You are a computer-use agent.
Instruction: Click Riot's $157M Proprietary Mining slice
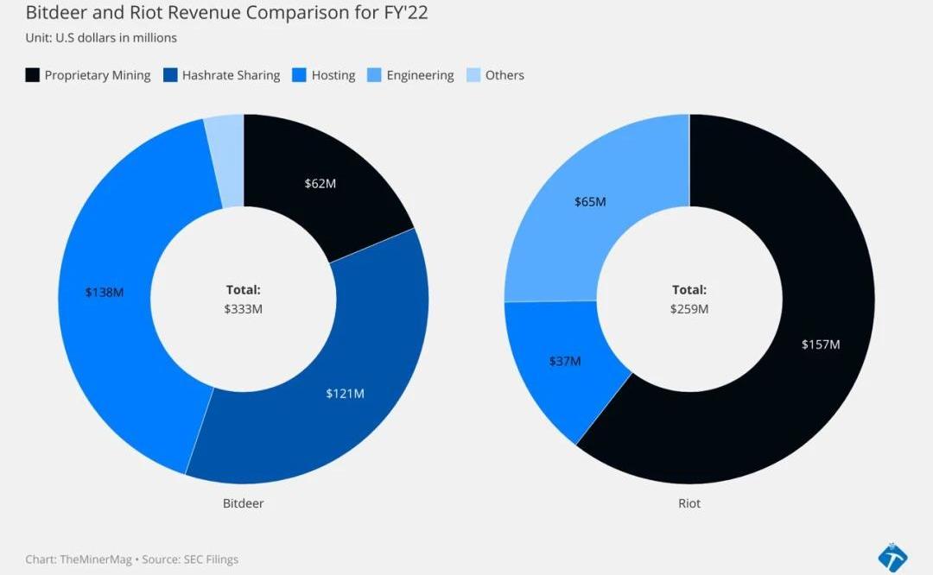tap(821, 344)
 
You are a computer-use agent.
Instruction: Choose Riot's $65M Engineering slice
tap(590, 202)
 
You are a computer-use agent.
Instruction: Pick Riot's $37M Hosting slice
tap(565, 361)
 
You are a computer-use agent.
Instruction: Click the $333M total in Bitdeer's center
tap(243, 308)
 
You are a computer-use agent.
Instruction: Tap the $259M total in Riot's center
tap(689, 308)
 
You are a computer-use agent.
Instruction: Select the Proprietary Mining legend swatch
tap(33, 75)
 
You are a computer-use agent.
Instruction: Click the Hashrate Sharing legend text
tap(231, 75)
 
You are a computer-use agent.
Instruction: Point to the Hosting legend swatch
tap(300, 75)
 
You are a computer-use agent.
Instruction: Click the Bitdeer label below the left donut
tap(243, 502)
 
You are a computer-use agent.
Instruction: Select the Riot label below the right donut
tap(689, 502)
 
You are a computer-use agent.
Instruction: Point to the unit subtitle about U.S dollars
tap(101, 38)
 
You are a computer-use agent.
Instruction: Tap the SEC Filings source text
tap(210, 559)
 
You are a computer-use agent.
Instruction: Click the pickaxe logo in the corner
tap(892, 558)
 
